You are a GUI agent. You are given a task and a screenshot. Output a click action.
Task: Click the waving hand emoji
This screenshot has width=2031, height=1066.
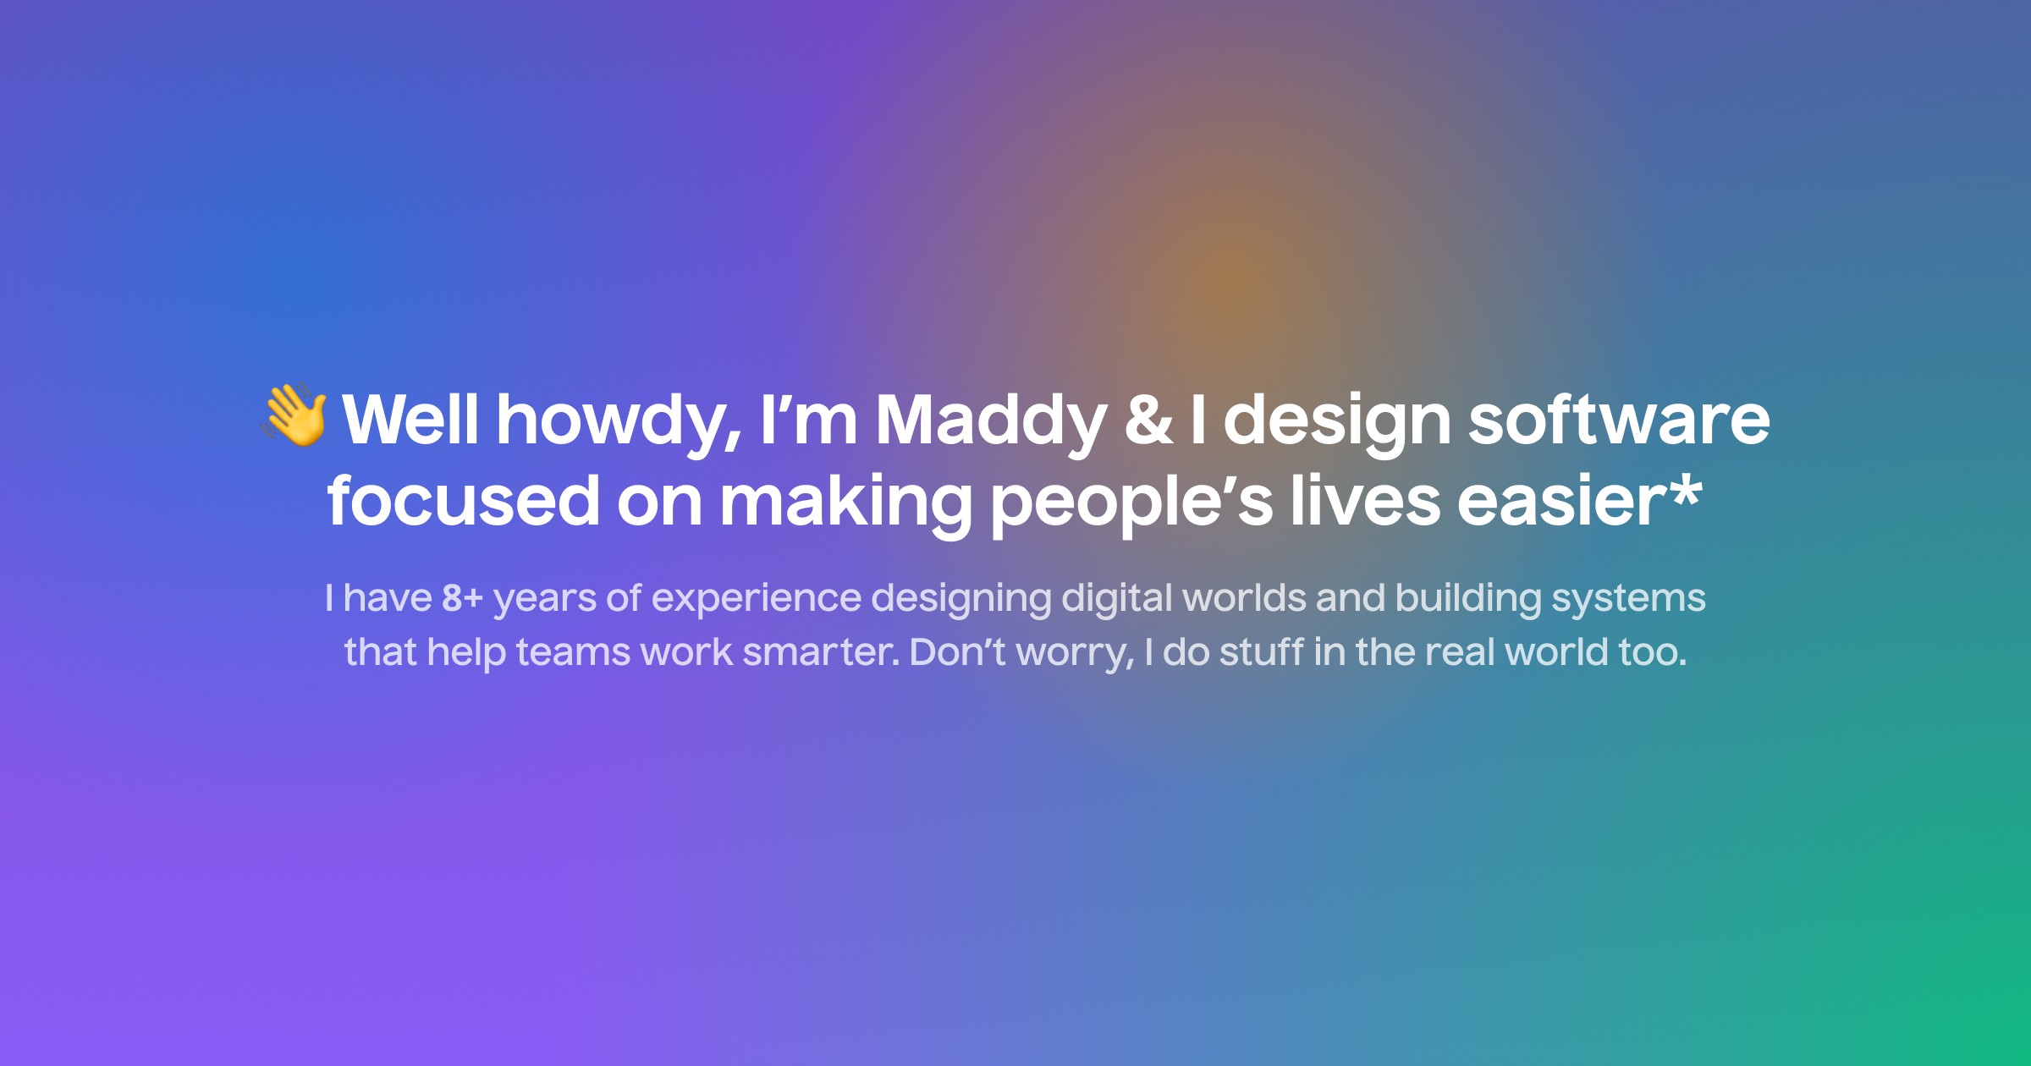pyautogui.click(x=294, y=415)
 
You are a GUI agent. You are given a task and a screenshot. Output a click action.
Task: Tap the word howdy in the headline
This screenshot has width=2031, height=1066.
pyautogui.click(x=619, y=420)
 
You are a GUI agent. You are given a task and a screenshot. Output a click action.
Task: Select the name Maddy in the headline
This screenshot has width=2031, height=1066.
pyautogui.click(x=991, y=420)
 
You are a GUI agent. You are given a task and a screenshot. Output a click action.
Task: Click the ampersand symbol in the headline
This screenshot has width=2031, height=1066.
pyautogui.click(x=1148, y=420)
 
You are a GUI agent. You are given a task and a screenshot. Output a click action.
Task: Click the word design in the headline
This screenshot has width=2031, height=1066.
pyautogui.click(x=1337, y=420)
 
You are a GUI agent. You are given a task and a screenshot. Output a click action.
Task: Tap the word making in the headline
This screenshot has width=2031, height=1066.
pyautogui.click(x=845, y=501)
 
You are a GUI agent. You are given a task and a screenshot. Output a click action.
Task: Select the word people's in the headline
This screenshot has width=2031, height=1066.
pyautogui.click(x=1131, y=501)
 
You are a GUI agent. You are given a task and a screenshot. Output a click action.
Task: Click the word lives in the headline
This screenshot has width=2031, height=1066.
pyautogui.click(x=1365, y=501)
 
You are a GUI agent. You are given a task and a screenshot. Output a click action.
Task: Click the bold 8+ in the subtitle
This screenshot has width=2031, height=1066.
pyautogui.click(x=462, y=598)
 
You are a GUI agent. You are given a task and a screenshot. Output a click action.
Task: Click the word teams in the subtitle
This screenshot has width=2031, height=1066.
pyautogui.click(x=573, y=652)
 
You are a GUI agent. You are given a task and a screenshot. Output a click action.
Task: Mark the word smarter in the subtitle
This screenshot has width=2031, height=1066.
pyautogui.click(x=819, y=652)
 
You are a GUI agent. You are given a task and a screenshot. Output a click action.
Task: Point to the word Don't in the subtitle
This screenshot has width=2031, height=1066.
pyautogui.click(x=957, y=652)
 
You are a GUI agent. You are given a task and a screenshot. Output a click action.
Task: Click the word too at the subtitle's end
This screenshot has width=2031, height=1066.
pyautogui.click(x=1652, y=652)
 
